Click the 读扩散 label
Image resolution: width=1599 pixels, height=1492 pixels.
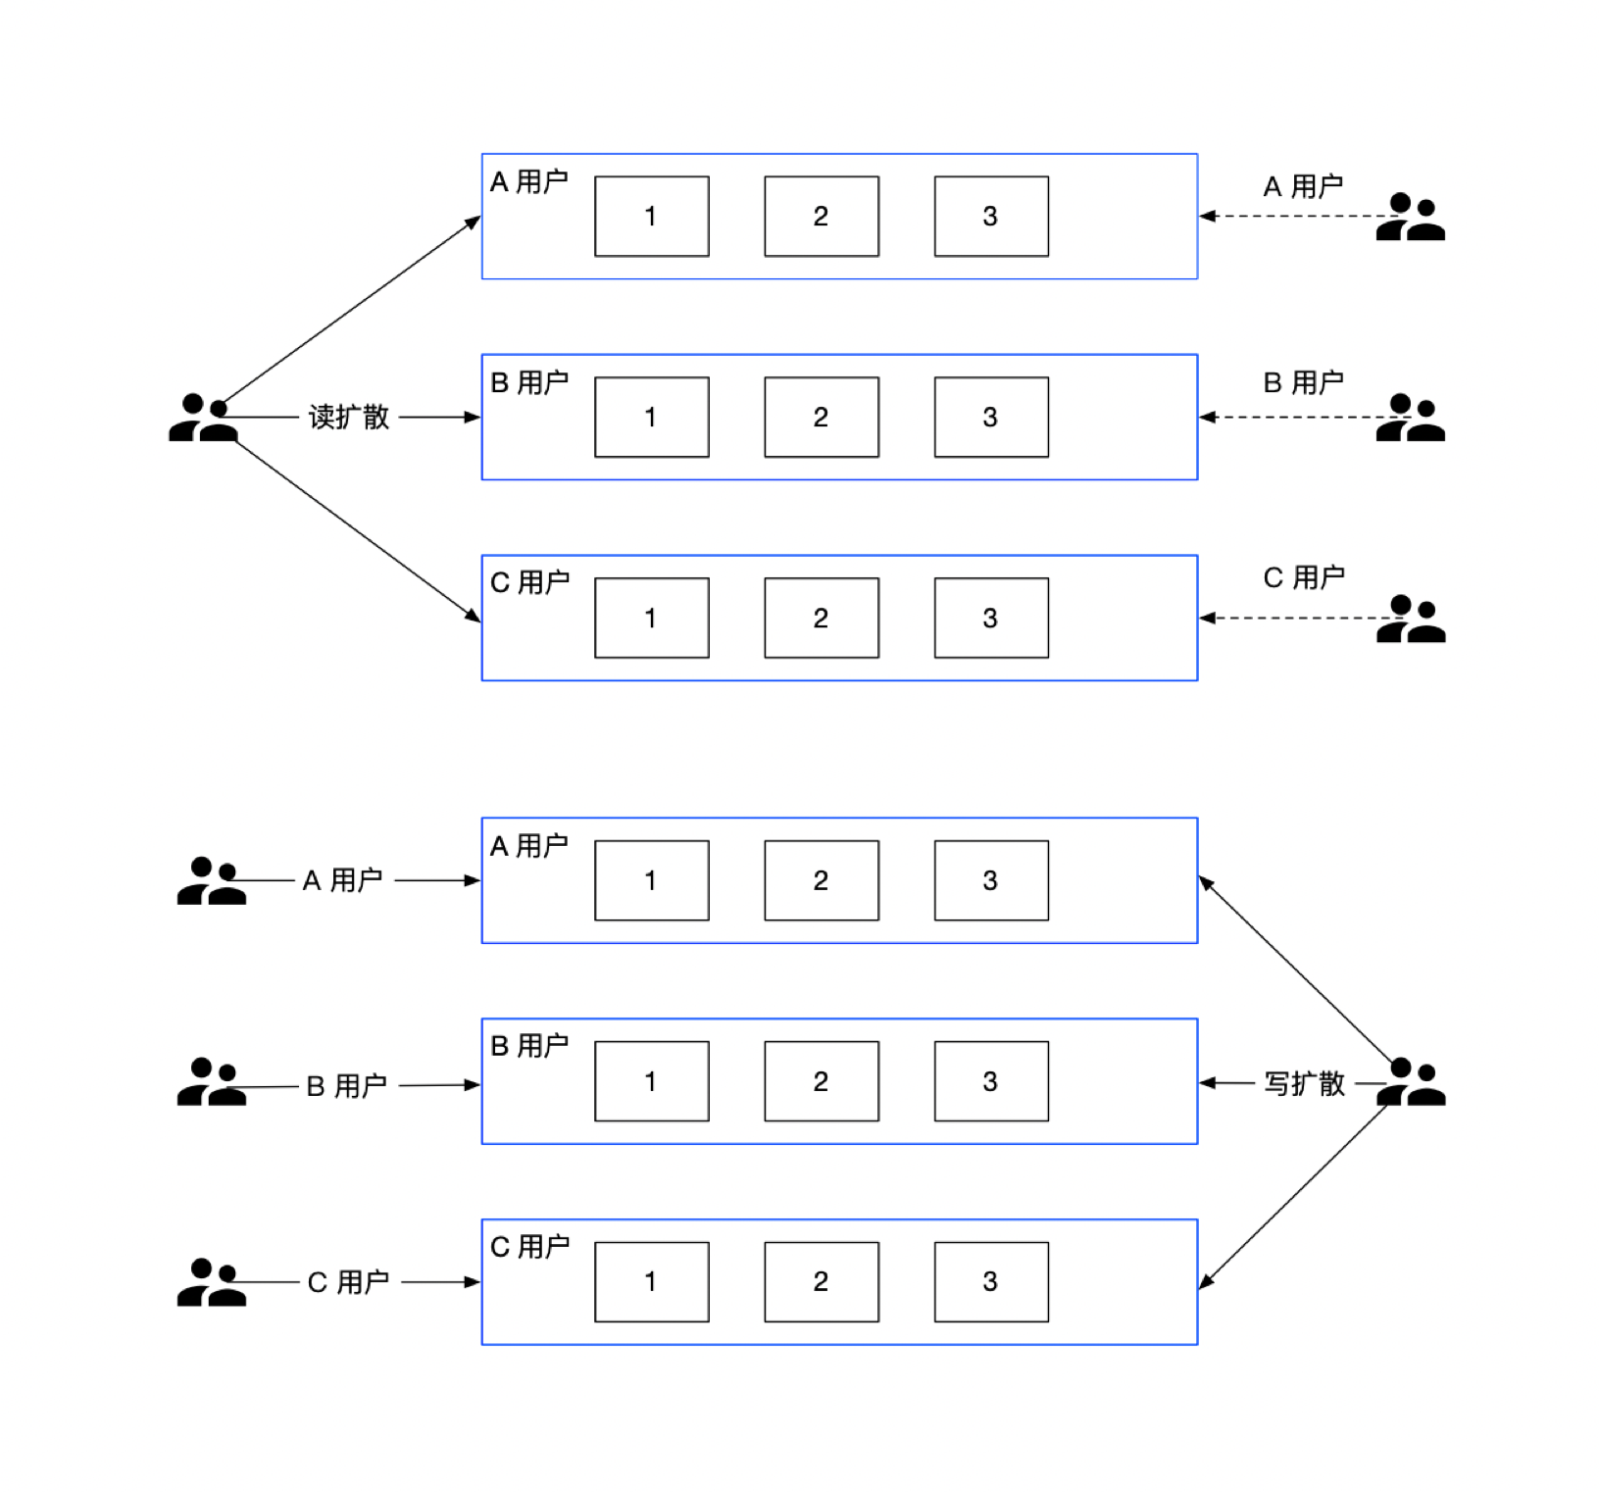click(349, 417)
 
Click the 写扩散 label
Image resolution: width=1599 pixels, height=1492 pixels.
click(1304, 1083)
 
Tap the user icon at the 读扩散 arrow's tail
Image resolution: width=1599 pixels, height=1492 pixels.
click(203, 418)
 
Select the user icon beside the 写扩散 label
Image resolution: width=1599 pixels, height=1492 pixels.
click(1411, 1082)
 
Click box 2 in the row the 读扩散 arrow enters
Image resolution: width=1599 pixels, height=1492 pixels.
click(822, 417)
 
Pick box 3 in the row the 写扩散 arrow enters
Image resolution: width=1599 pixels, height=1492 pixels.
click(991, 1081)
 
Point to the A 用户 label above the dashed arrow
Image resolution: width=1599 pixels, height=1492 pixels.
click(1303, 186)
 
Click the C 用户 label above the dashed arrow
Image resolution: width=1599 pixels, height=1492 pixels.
click(1304, 577)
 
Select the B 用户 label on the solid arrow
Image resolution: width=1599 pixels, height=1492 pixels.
click(347, 1085)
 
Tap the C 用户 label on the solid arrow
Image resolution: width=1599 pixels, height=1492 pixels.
click(348, 1281)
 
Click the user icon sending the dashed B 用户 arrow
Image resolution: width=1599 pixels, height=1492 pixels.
click(1411, 418)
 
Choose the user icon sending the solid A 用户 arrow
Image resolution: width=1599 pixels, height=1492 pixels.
click(211, 880)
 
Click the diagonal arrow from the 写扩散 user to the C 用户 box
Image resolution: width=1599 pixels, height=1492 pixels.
click(1294, 1197)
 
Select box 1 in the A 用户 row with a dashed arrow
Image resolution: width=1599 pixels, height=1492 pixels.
click(652, 216)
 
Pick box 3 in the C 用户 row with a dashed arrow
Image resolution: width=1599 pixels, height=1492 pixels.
click(991, 618)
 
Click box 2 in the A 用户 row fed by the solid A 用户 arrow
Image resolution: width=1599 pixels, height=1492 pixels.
click(822, 880)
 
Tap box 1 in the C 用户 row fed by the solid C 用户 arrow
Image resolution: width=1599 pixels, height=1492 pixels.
click(652, 1281)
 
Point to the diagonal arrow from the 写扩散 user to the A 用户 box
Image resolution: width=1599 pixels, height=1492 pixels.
click(1296, 970)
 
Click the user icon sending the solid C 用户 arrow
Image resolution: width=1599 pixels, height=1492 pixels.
click(211, 1282)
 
